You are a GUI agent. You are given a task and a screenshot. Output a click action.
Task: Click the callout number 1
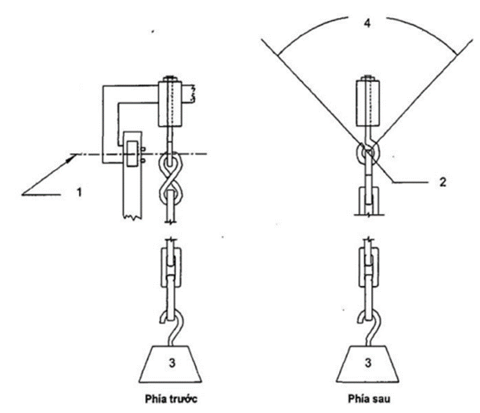pos(79,193)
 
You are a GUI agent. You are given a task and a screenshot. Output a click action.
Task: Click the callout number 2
pos(443,182)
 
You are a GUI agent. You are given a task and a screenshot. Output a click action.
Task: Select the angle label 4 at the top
pos(367,23)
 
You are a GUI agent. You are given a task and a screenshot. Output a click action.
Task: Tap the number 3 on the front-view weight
pos(172,363)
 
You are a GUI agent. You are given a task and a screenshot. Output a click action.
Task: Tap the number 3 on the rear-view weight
pos(368,363)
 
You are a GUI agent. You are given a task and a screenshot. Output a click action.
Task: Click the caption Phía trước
pos(171,399)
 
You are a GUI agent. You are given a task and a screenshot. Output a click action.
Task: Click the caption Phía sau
pos(369,399)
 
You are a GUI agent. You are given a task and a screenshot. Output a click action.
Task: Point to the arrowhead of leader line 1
pos(73,157)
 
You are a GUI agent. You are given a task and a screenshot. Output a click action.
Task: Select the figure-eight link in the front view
pos(171,177)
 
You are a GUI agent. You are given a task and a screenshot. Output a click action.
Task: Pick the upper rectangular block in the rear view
pos(368,102)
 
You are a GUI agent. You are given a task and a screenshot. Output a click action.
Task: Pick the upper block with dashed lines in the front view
pos(170,104)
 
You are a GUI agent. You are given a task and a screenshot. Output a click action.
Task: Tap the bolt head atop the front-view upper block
pos(170,78)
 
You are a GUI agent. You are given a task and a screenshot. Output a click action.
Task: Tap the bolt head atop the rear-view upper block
pos(368,77)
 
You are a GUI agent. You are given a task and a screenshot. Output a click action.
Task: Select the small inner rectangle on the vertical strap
pos(133,154)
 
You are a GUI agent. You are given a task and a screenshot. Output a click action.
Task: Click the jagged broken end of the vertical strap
pos(133,216)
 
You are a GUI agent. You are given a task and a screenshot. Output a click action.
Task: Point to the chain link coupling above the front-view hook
pos(171,267)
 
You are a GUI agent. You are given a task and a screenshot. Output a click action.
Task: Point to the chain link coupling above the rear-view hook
pos(369,266)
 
